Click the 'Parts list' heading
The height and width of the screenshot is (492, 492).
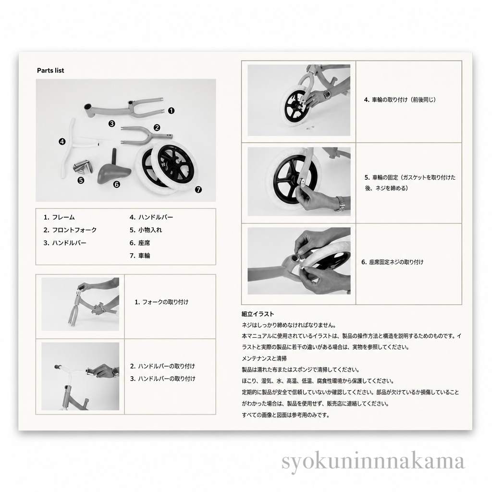pyautogui.click(x=50, y=71)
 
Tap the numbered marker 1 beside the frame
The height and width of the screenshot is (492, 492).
pyautogui.click(x=172, y=111)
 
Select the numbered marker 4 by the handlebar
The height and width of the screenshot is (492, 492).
pyautogui.click(x=62, y=142)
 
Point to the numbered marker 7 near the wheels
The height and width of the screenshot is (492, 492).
pyautogui.click(x=198, y=189)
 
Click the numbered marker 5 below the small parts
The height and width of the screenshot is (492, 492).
pyautogui.click(x=81, y=181)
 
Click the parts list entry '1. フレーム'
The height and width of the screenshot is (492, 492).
pyautogui.click(x=59, y=217)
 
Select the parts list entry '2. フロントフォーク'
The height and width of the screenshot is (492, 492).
pyautogui.click(x=70, y=230)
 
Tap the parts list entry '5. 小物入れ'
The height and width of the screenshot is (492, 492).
pyautogui.click(x=146, y=230)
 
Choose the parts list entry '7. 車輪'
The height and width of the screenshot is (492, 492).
pyautogui.click(x=140, y=256)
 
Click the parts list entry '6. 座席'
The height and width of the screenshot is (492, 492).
pyautogui.click(x=140, y=243)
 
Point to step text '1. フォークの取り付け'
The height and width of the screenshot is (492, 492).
pyautogui.click(x=161, y=302)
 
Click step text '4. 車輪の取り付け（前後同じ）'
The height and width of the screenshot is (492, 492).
pyautogui.click(x=400, y=100)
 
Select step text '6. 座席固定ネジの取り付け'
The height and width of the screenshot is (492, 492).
pyautogui.click(x=393, y=262)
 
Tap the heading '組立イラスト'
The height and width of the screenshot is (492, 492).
pyautogui.click(x=258, y=314)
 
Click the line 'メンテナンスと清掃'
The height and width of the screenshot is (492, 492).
pyautogui.click(x=264, y=358)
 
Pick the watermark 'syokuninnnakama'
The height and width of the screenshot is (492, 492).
pyautogui.click(x=373, y=461)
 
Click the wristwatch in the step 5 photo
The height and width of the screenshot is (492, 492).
pyautogui.click(x=340, y=203)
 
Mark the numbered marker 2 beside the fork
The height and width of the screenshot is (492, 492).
pyautogui.click(x=157, y=127)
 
